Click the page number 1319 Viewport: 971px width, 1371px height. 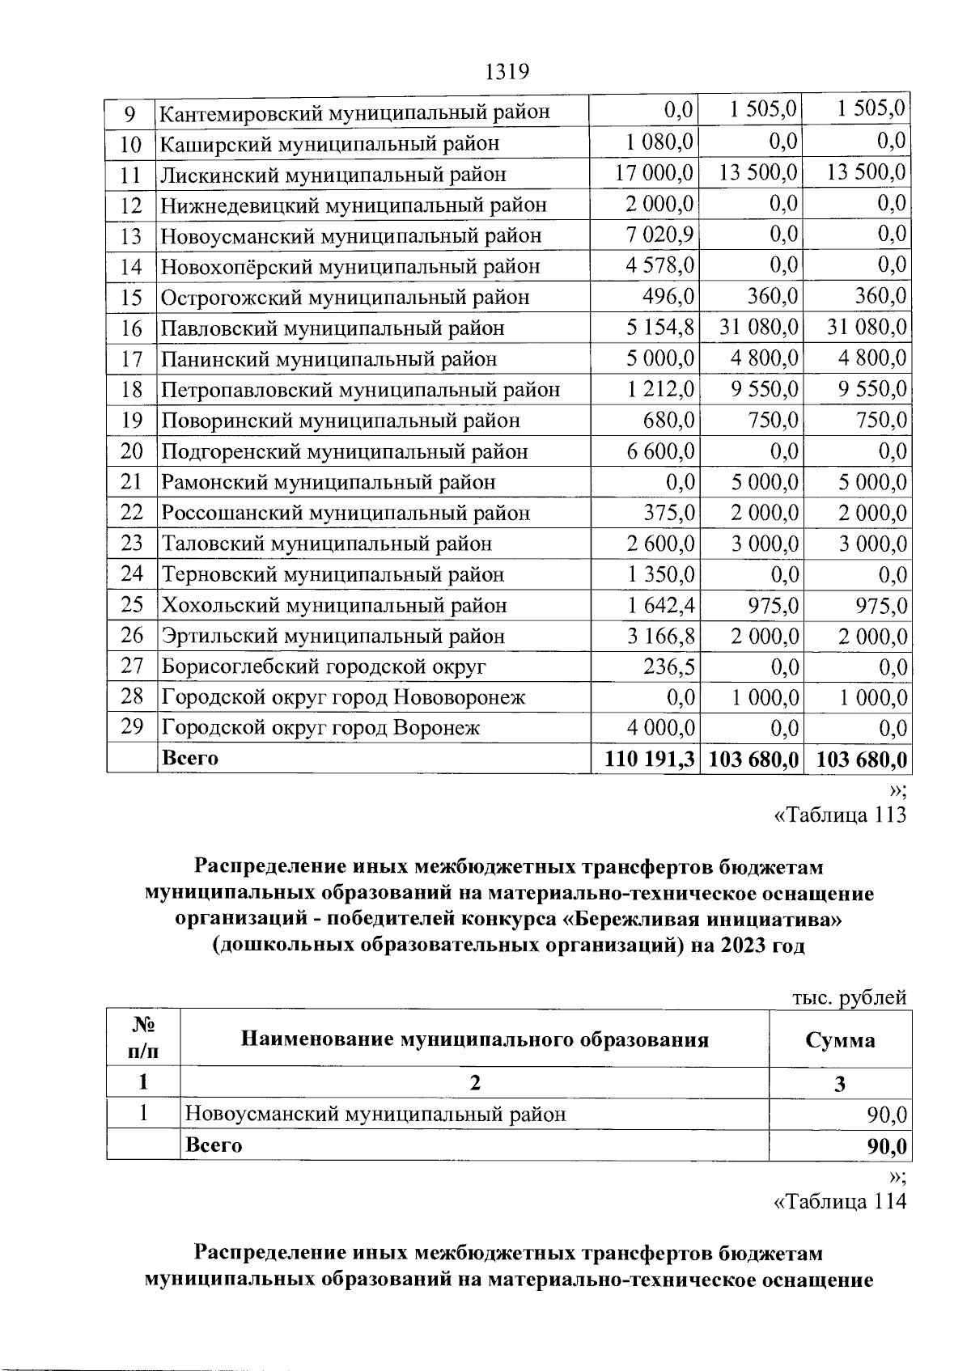click(507, 72)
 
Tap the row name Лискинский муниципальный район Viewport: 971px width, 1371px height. click(333, 175)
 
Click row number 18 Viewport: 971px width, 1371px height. click(131, 390)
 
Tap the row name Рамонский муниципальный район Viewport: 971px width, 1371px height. click(329, 483)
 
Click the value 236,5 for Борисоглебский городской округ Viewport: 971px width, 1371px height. click(668, 667)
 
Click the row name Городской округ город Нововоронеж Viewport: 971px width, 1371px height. click(343, 697)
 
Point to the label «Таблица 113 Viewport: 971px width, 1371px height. click(840, 815)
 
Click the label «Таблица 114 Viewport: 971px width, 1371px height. click(840, 1202)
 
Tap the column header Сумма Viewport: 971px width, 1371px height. click(840, 1040)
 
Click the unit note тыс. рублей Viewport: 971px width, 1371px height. click(848, 998)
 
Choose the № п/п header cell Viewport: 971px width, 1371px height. click(142, 1039)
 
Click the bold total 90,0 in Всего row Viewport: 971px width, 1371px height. click(886, 1147)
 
